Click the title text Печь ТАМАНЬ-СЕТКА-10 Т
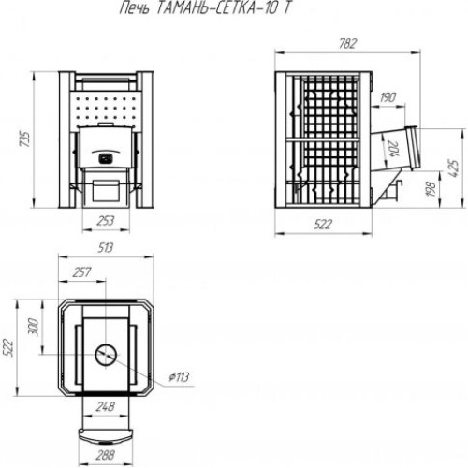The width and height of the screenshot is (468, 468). coord(205,8)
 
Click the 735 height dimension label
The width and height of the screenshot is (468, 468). coord(24,139)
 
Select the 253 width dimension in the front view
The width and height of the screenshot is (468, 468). coord(106,221)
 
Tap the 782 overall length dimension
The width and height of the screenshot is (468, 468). coord(347,44)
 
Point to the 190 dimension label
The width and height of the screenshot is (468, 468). coord(388,97)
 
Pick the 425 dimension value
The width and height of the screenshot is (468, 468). coord(454,168)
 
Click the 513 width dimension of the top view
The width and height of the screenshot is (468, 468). coord(106,248)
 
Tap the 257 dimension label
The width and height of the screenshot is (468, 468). coord(81,272)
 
